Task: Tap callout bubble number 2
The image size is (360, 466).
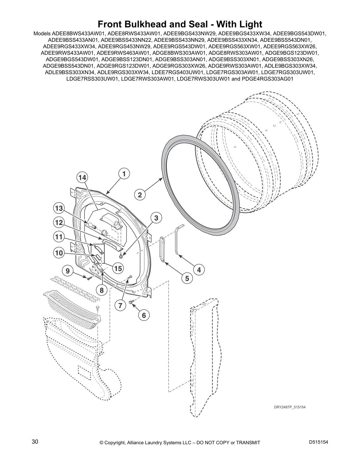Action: tap(140, 195)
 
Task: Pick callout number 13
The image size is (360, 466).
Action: tap(59, 208)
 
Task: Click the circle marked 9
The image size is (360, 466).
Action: tap(68, 271)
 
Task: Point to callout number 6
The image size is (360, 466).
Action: tap(144, 315)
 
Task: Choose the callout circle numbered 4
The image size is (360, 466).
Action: tap(199, 270)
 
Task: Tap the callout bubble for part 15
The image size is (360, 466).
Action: tap(118, 268)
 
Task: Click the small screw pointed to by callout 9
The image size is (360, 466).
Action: tap(89, 278)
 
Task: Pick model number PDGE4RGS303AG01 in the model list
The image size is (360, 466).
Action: tap(267, 79)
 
